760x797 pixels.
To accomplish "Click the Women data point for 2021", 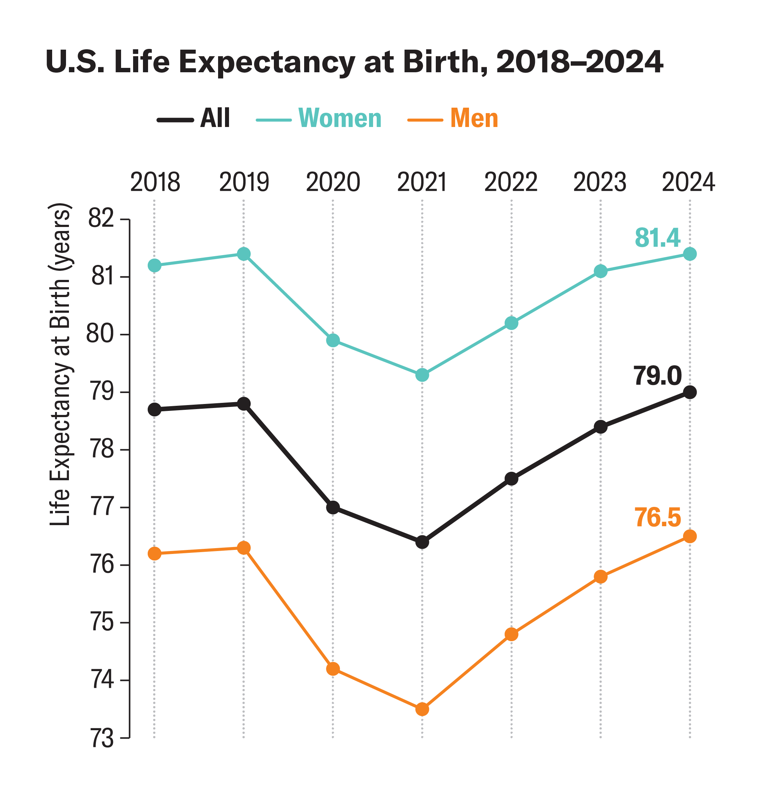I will (x=422, y=375).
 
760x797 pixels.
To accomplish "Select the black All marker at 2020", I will (x=333, y=508).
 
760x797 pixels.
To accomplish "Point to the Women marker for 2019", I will (x=244, y=254).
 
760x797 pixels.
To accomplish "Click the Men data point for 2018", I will (x=154, y=554).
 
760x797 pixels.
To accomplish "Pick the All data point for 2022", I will (x=512, y=479).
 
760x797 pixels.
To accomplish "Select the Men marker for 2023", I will (x=601, y=577).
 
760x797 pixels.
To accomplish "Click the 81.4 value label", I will (x=657, y=238).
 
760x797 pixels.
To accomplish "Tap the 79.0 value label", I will (x=657, y=376).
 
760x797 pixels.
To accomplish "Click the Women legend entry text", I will (x=340, y=118).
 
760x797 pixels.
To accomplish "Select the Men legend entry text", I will (x=474, y=118).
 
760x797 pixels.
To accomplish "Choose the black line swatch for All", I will (x=175, y=120).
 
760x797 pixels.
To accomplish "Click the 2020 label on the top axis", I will (x=333, y=182).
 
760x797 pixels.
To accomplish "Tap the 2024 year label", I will (x=688, y=182).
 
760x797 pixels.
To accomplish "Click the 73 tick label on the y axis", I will (x=101, y=739).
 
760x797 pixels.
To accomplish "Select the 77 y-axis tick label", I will (x=101, y=508).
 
